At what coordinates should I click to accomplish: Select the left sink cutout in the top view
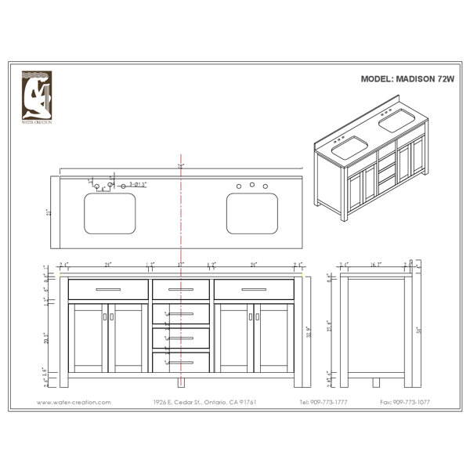(110, 214)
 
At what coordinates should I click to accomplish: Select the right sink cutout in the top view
(252, 214)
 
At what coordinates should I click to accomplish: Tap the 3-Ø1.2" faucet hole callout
(139, 185)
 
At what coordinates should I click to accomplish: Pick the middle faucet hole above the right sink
(252, 185)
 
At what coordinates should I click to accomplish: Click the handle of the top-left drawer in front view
(108, 289)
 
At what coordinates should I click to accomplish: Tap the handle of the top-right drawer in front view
(254, 289)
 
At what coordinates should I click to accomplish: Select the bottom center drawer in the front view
(181, 362)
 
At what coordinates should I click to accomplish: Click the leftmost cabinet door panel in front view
(88, 338)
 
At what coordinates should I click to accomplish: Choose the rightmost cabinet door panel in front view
(274, 338)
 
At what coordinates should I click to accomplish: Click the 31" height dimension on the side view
(418, 329)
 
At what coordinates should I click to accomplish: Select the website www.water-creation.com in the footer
(75, 402)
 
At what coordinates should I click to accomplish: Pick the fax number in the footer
(407, 402)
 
